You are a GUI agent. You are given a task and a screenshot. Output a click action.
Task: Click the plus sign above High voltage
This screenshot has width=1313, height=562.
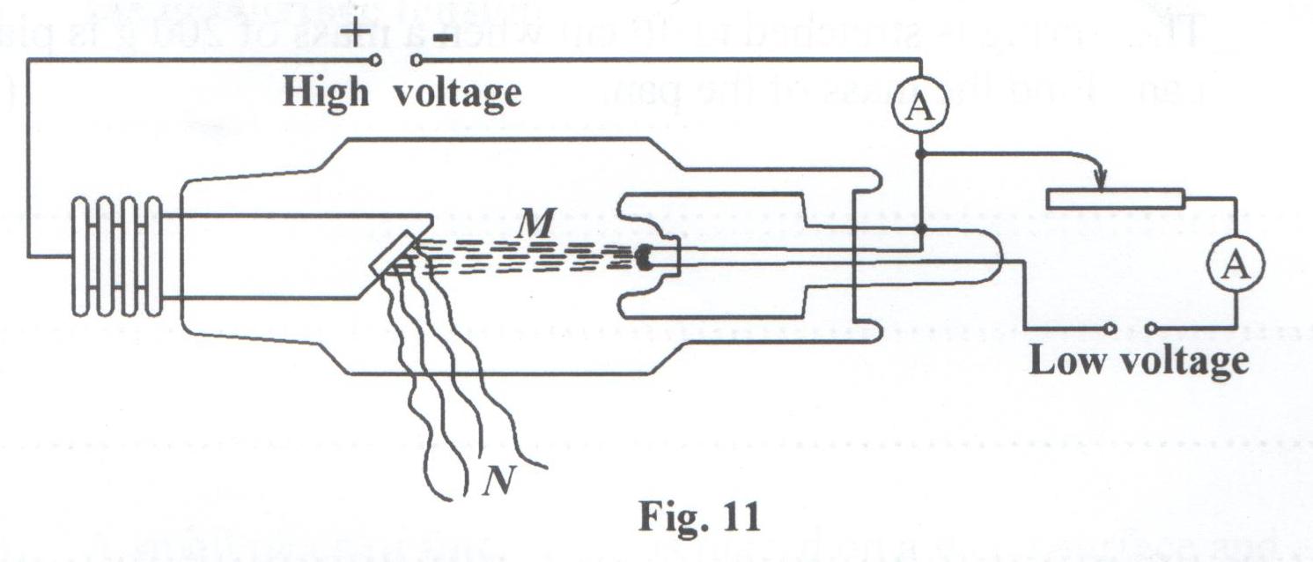[355, 33]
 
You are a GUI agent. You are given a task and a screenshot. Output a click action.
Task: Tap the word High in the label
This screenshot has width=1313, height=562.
[324, 93]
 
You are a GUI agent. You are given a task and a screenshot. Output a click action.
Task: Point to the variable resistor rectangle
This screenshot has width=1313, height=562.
[1115, 198]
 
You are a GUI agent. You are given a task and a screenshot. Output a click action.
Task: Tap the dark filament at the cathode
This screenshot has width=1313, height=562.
[645, 257]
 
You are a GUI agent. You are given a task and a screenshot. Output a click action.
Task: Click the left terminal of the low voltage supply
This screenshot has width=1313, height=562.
[1111, 329]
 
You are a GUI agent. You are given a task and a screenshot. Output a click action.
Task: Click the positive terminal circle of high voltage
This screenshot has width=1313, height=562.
[376, 61]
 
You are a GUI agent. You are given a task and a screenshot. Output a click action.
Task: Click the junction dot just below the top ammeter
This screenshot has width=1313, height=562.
[919, 154]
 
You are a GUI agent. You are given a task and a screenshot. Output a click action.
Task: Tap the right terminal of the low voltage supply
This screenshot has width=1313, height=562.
[1153, 329]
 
